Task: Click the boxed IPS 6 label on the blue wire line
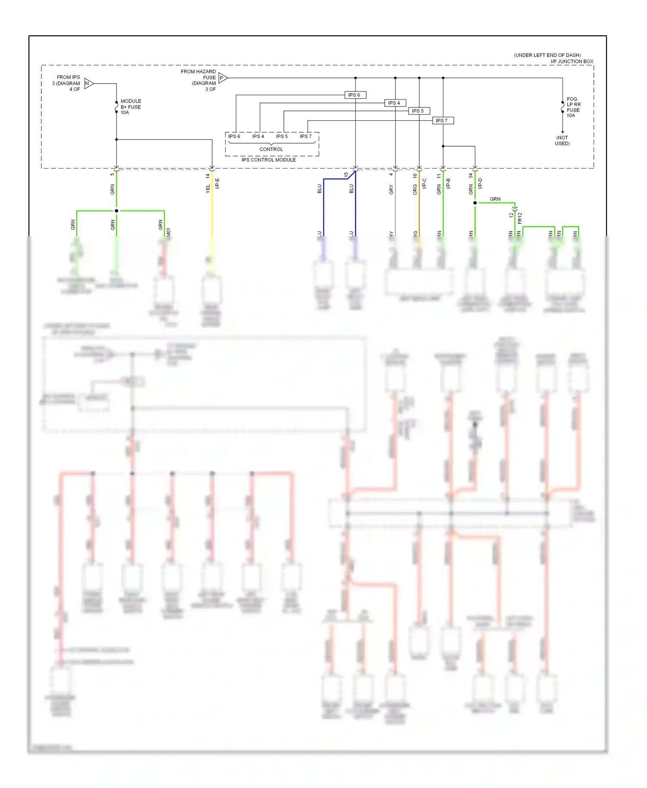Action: tap(355, 95)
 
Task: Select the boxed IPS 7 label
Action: tap(443, 121)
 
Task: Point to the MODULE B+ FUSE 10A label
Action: tap(130, 107)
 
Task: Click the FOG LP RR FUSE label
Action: tap(573, 107)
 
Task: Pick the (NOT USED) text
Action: tap(562, 141)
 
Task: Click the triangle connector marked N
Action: tap(88, 83)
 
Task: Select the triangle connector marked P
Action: tap(223, 78)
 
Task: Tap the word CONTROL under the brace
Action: tap(271, 149)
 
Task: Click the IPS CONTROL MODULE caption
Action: tap(268, 160)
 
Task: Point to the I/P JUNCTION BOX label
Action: tap(572, 62)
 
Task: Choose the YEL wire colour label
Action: tap(208, 188)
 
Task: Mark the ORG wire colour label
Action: tap(415, 189)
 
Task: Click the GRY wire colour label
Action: tap(391, 189)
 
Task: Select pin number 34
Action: tap(471, 176)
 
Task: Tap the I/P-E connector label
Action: tap(217, 183)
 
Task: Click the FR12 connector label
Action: tap(520, 218)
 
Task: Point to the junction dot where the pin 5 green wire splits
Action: tap(116, 211)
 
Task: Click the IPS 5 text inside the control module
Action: tap(282, 136)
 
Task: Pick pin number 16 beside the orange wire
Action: tap(415, 176)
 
